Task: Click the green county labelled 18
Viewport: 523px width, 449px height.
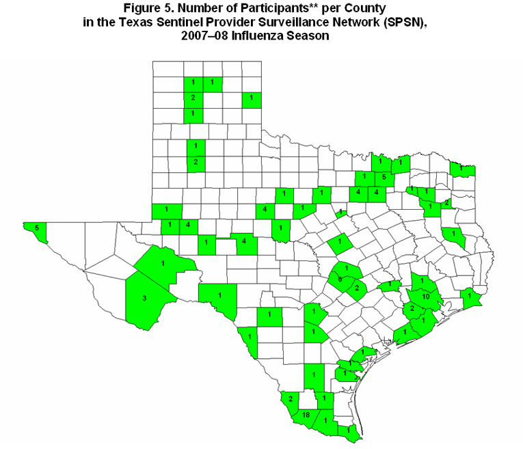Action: tap(306, 415)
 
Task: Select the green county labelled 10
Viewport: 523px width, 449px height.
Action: tap(425, 297)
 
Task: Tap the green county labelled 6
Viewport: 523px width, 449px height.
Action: tap(340, 280)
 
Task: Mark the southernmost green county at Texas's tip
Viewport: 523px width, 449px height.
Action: tap(349, 431)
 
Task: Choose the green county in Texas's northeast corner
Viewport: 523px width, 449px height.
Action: tap(463, 168)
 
